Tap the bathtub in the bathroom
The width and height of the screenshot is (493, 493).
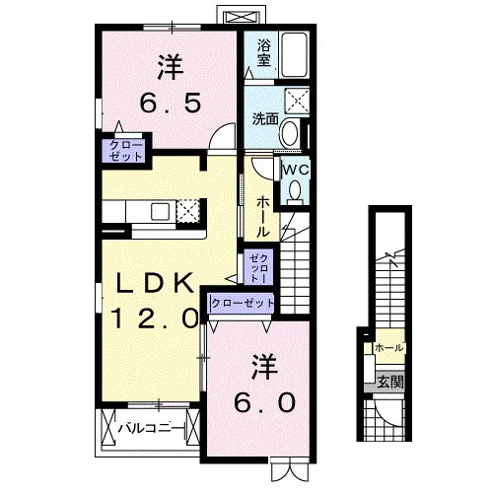point(295,54)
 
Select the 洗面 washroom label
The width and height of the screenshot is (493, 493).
point(265,118)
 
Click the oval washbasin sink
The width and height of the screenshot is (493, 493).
point(290,134)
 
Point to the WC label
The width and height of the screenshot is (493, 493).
point(296,170)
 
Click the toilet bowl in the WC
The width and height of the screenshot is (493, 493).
point(295,190)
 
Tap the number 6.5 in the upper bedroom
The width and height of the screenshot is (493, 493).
point(171,103)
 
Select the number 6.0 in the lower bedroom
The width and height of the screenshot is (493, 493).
point(264,403)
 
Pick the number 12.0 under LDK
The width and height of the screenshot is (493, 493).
point(156,318)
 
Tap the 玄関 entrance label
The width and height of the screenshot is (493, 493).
point(389,382)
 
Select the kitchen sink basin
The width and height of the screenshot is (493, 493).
point(160,212)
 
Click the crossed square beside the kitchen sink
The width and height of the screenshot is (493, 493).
point(188,210)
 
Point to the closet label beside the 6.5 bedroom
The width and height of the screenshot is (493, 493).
point(126,151)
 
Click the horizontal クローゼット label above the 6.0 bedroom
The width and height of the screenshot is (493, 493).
point(243,303)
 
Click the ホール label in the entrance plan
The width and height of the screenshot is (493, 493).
point(389,347)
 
